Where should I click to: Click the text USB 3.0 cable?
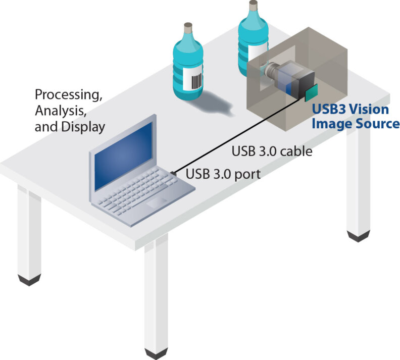[x=272, y=151]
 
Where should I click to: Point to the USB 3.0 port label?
[x=223, y=175]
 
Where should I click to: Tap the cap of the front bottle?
[x=188, y=28]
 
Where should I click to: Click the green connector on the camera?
[x=311, y=92]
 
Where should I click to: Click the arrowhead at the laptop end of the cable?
[x=174, y=173]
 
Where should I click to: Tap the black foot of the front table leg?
[x=156, y=352]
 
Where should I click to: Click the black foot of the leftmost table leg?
[x=29, y=279]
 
